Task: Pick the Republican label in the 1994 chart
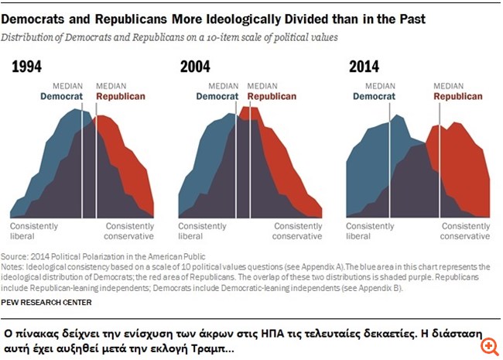pyautogui.click(x=120, y=97)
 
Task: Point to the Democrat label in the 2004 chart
pyautogui.click(x=217, y=97)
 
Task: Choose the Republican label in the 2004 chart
pyautogui.click(x=272, y=97)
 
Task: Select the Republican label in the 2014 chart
pyautogui.click(x=457, y=97)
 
